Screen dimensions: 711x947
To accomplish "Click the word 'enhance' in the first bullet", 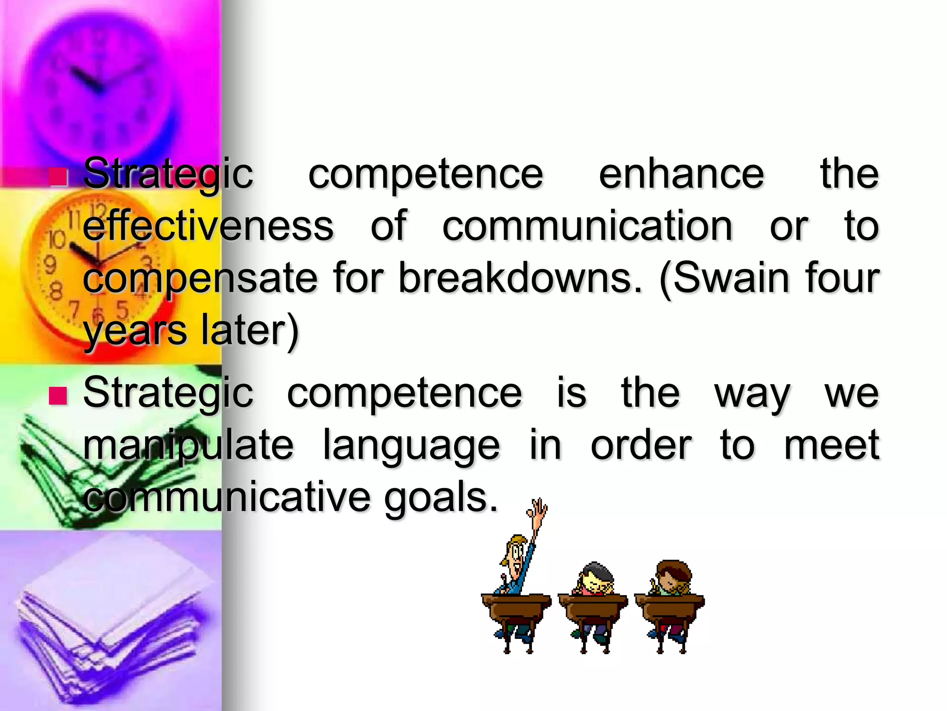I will (681, 174).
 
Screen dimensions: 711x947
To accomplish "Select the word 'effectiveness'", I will (208, 226).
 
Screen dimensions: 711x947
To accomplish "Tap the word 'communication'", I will (587, 226).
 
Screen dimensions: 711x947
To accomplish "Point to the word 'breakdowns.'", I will (520, 279).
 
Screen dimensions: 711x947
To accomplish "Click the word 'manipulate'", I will (188, 445).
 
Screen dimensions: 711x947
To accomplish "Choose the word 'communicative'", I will (227, 498).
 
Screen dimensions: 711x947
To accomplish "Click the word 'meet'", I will (831, 445).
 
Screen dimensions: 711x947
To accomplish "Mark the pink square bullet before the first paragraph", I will (58, 176).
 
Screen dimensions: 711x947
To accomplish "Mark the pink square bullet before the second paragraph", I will (58, 396).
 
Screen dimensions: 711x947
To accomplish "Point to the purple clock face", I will (99, 83).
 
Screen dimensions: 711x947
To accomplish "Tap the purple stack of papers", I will (111, 625).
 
